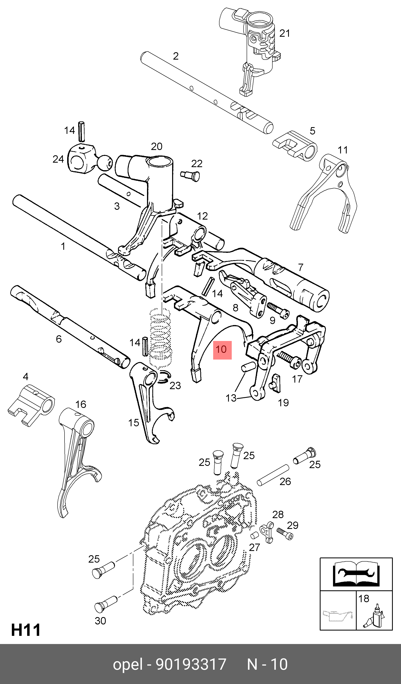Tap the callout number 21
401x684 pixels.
285,33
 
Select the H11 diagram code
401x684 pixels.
26,630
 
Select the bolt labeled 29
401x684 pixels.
285,533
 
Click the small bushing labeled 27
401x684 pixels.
254,535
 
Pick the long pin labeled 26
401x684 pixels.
273,475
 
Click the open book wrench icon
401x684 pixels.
356,574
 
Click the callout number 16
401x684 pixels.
81,404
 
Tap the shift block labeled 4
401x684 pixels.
31,405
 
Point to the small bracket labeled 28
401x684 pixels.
267,531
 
